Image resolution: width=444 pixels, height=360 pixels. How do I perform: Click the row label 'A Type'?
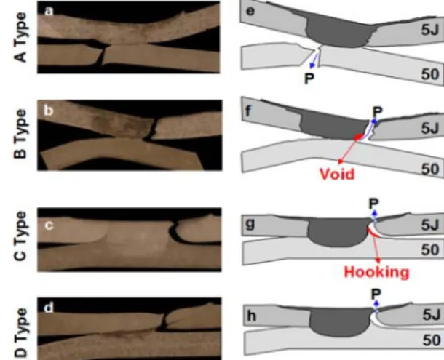(20, 37)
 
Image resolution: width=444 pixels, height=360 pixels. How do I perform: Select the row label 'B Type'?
(20, 134)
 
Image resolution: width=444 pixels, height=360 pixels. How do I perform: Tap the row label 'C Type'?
(20, 236)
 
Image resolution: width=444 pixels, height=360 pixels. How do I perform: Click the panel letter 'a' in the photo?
(49, 12)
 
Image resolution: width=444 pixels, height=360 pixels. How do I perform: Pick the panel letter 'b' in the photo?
(49, 110)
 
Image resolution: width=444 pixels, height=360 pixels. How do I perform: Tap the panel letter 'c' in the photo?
(49, 225)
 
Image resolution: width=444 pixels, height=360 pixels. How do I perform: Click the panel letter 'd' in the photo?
(49, 308)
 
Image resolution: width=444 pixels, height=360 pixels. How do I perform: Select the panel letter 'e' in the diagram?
(250, 12)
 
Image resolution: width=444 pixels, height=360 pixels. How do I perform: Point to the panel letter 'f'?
(248, 111)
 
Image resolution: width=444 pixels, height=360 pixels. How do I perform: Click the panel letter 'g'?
(251, 224)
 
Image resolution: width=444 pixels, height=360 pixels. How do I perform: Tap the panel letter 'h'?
(252, 316)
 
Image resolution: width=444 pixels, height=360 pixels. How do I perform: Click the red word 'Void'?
(337, 174)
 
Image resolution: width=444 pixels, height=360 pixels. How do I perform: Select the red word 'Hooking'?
(376, 272)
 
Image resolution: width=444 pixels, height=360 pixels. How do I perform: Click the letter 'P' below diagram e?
(309, 79)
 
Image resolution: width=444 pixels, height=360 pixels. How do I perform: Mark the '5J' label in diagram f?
(429, 128)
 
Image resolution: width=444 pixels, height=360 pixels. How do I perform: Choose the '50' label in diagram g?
(430, 249)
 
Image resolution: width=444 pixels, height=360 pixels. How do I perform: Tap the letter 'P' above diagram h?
(376, 294)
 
